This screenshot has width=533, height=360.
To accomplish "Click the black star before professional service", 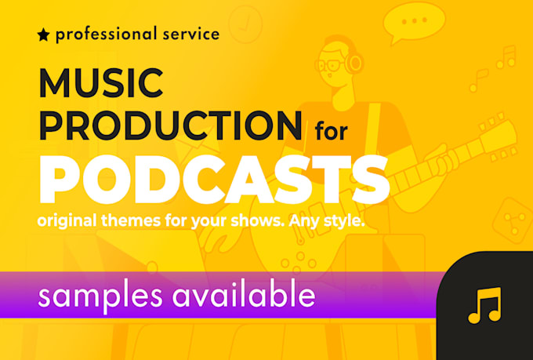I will (x=42, y=35).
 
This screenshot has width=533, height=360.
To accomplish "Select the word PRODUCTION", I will (x=169, y=125).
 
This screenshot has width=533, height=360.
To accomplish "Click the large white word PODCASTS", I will (x=213, y=178).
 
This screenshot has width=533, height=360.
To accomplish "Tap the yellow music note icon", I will (x=484, y=305).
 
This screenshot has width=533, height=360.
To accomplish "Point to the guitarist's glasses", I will (x=335, y=64).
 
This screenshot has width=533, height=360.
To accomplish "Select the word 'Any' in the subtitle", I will (x=310, y=222).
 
